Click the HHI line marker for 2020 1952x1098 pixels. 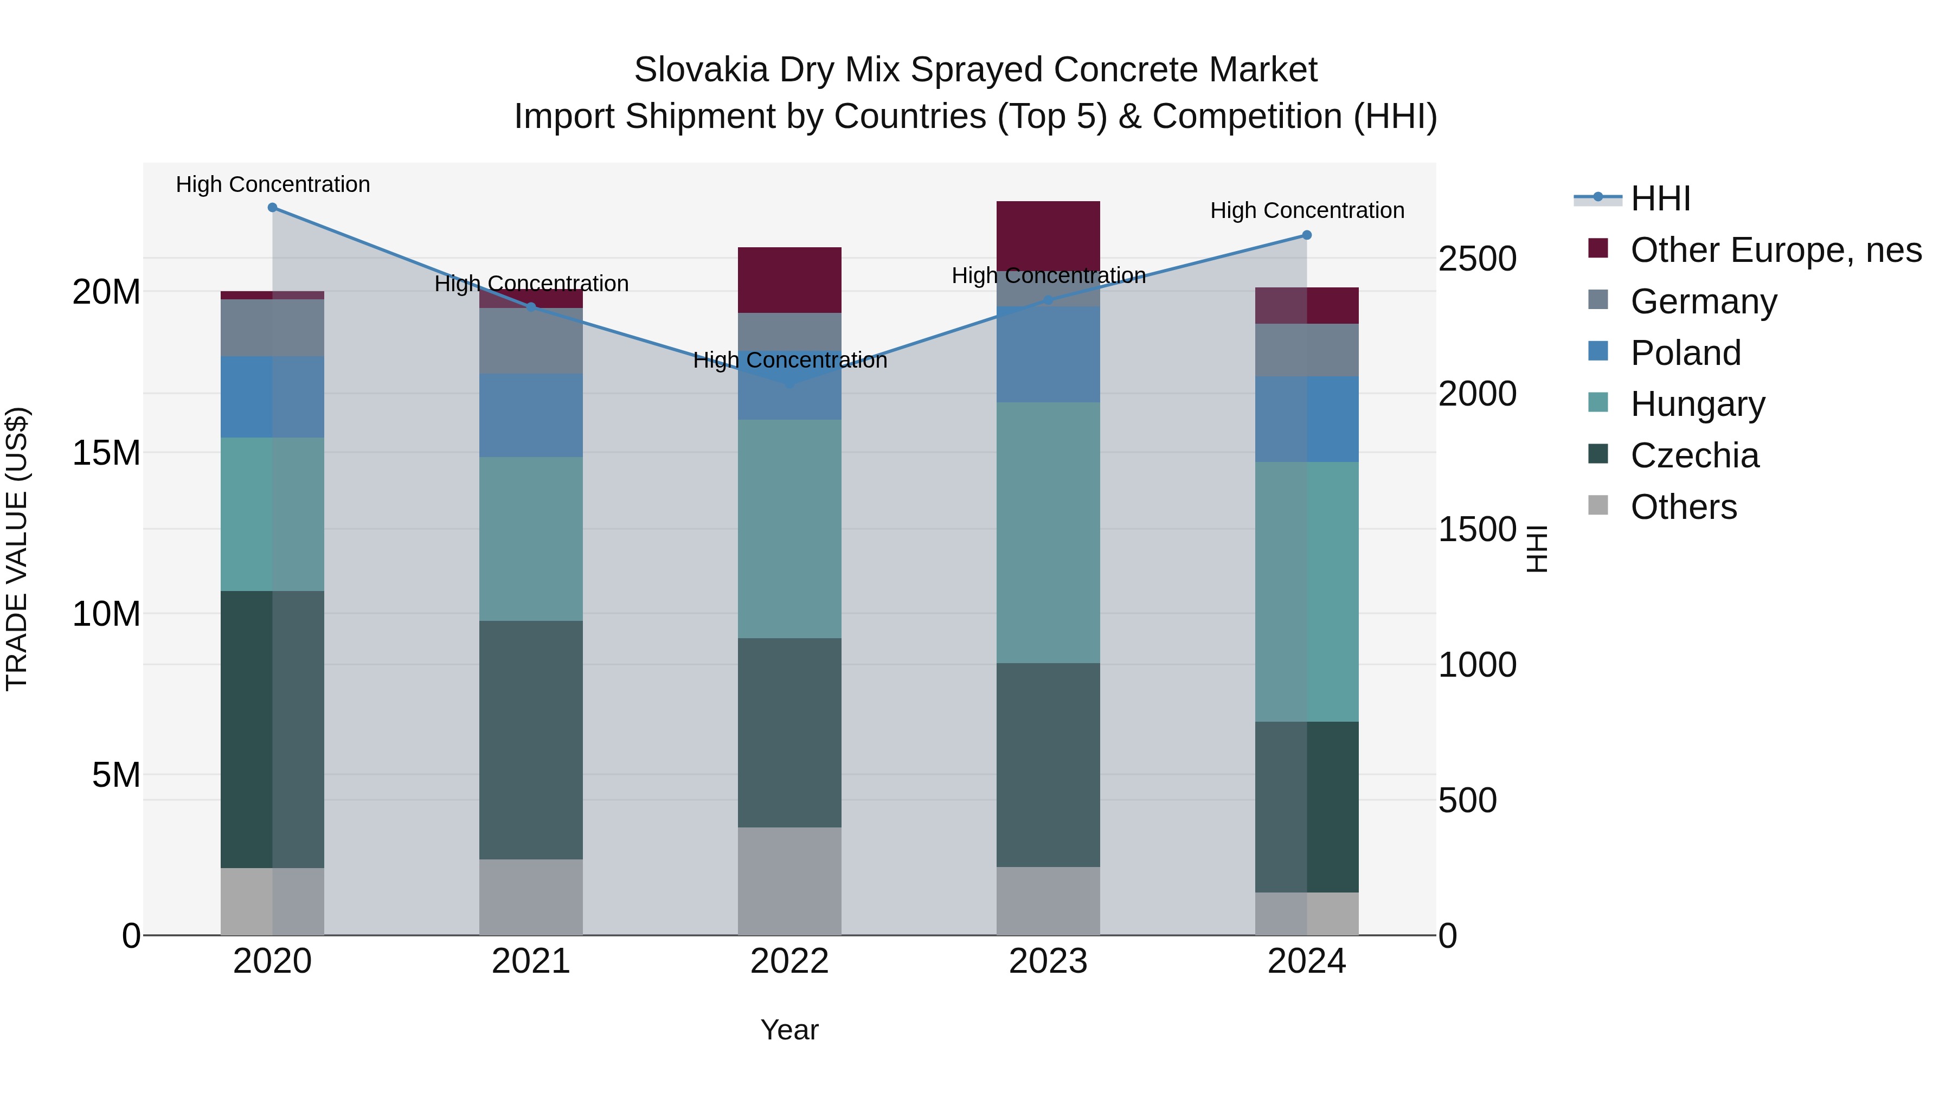point(272,207)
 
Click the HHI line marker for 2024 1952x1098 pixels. point(1306,235)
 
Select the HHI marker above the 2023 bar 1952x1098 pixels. point(1048,300)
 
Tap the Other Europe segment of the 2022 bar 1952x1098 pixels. point(789,280)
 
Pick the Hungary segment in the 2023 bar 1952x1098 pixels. point(1048,532)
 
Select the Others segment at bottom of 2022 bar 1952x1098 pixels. point(789,881)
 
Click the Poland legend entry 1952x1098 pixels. point(1685,353)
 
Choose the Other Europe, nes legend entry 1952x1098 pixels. point(1775,250)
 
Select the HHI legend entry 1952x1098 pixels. point(1660,198)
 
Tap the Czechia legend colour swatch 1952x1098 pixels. point(1597,454)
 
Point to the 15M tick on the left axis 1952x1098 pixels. point(107,453)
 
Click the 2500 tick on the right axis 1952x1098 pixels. point(1477,259)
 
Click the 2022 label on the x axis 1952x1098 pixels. point(789,961)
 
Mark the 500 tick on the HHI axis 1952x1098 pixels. point(1467,800)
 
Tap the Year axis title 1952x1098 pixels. point(789,1030)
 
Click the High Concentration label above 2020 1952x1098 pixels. point(273,184)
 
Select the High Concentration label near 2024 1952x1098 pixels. point(1306,210)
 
